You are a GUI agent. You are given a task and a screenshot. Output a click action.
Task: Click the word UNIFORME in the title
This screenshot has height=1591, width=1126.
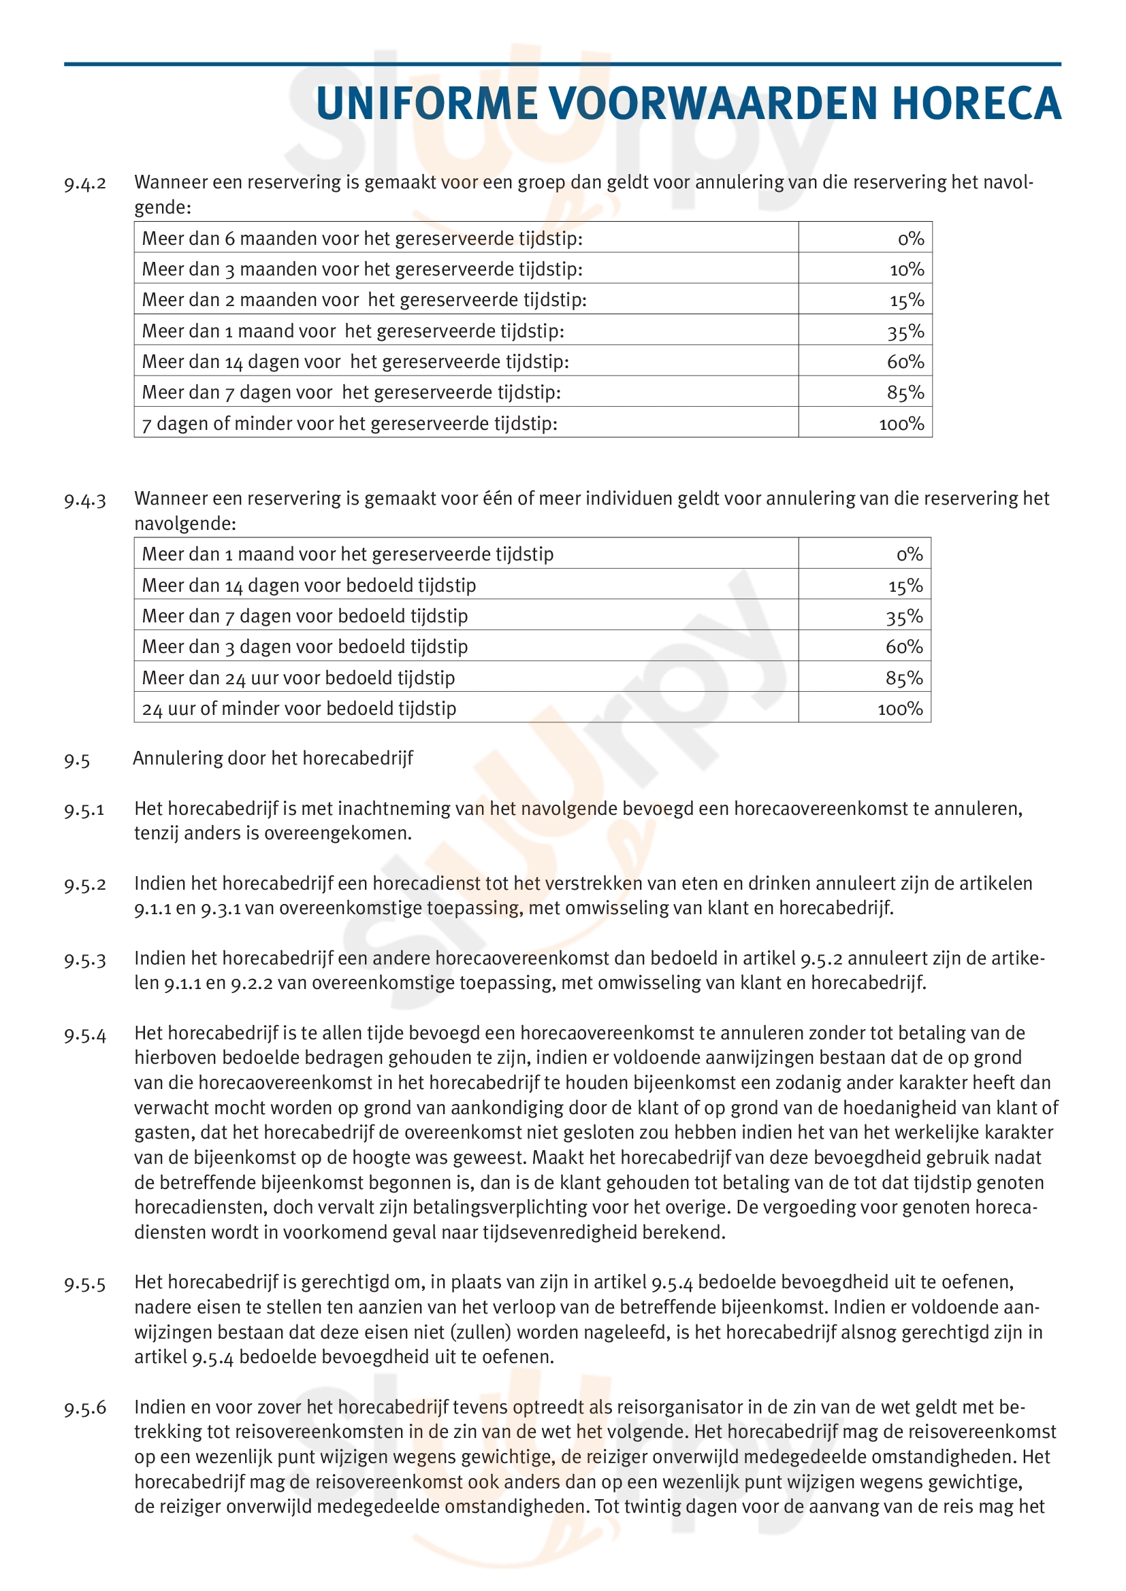pos(426,104)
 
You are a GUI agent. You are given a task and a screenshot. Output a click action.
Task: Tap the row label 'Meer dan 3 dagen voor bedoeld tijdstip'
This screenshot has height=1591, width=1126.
pos(304,646)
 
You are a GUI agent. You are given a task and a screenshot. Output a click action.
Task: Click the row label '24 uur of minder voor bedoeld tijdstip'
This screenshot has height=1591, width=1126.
pos(299,709)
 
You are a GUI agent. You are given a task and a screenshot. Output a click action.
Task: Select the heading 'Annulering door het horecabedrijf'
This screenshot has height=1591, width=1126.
pos(272,758)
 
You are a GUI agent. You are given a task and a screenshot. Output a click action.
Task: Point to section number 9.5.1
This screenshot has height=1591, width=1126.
pos(84,809)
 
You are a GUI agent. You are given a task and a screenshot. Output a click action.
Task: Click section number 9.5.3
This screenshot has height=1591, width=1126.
pos(85,960)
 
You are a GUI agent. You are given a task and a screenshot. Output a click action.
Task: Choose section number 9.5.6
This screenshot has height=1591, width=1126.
pos(85,1407)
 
